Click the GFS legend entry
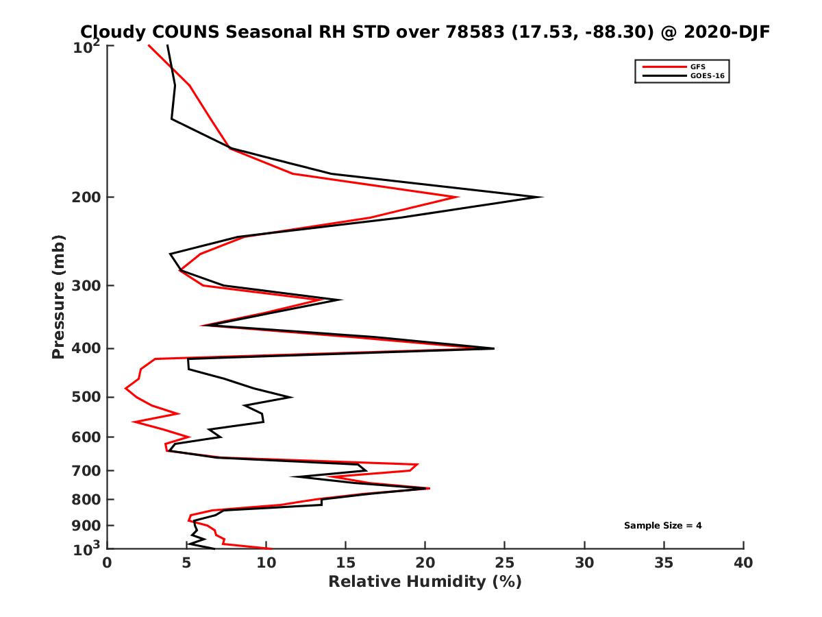[x=699, y=66]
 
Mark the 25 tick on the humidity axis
[x=505, y=563]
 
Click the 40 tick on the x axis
[x=743, y=563]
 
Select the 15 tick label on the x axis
[x=346, y=563]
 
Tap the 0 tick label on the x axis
[x=108, y=563]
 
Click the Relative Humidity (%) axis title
[x=425, y=582]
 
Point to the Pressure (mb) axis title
[x=58, y=296]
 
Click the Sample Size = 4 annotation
[x=662, y=526]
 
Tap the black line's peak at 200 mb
[x=542, y=197]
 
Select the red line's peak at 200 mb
[x=458, y=197]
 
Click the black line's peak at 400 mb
[x=493, y=348]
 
